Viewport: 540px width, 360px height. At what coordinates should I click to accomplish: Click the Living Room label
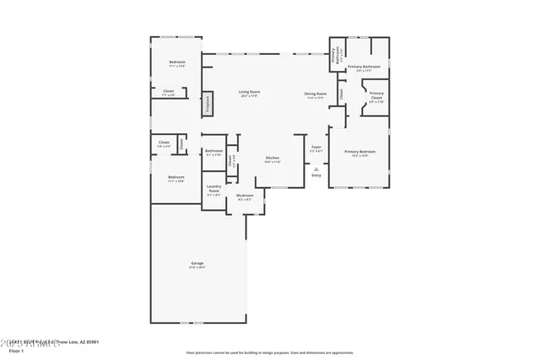click(x=249, y=92)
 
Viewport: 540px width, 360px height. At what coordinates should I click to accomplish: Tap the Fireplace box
click(x=207, y=104)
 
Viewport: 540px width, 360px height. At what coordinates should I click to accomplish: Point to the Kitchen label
click(x=273, y=159)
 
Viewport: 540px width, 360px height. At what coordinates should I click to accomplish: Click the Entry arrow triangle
click(x=316, y=169)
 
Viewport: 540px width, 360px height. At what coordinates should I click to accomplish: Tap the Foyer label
click(x=316, y=147)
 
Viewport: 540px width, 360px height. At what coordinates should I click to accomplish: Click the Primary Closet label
click(x=376, y=94)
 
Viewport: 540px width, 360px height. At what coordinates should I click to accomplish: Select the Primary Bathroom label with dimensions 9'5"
click(x=364, y=67)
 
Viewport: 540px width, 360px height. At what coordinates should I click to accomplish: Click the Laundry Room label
click(x=214, y=190)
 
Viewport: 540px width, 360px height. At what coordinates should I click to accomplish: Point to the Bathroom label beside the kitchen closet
click(x=214, y=151)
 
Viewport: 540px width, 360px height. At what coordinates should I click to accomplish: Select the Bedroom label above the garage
click(x=175, y=177)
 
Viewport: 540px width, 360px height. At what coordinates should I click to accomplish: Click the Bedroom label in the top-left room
click(x=177, y=62)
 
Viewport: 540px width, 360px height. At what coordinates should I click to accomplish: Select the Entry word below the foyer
click(x=316, y=175)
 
